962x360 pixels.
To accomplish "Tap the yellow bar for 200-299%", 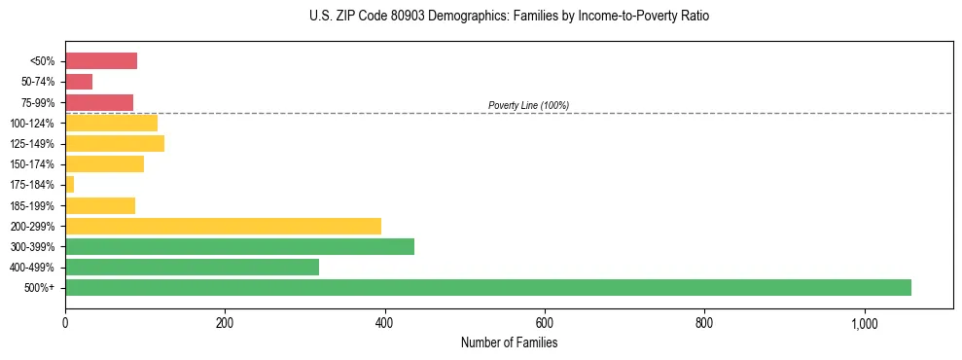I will pos(223,226).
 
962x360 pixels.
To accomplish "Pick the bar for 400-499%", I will pos(192,267).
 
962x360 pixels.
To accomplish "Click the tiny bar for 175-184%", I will pos(69,185).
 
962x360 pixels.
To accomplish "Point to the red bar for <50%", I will pos(101,61).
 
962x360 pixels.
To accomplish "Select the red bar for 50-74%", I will pos(79,82).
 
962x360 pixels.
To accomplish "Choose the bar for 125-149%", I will pos(115,144).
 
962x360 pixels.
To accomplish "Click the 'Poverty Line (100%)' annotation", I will pos(528,105).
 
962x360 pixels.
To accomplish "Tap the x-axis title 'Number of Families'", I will pos(509,342).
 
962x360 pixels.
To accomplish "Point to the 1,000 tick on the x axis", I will pos(864,323).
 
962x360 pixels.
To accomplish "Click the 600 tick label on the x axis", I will pos(545,323).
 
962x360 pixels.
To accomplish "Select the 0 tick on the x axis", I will pos(65,323).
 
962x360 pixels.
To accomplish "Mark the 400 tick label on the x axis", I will pos(384,323).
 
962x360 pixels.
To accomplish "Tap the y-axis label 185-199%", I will pos(35,206).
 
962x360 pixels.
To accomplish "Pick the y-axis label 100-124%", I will pos(35,124).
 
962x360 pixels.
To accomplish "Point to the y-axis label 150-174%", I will pos(35,164).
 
